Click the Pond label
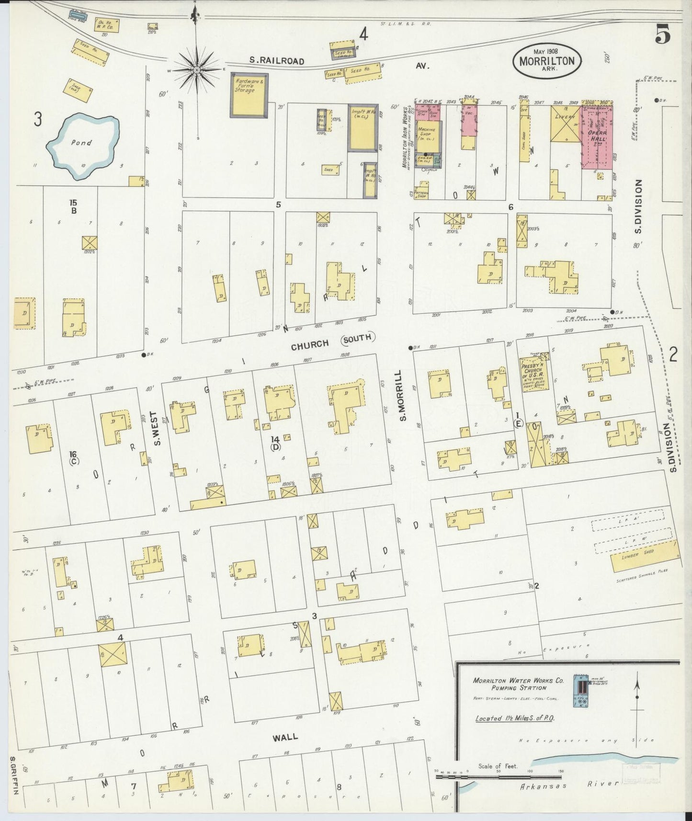[x=81, y=142]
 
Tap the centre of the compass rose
[x=196, y=70]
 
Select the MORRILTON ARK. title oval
[x=547, y=61]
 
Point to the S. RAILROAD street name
[x=277, y=61]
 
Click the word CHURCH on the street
[x=310, y=343]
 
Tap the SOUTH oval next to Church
[x=358, y=338]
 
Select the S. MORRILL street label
[x=403, y=396]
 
